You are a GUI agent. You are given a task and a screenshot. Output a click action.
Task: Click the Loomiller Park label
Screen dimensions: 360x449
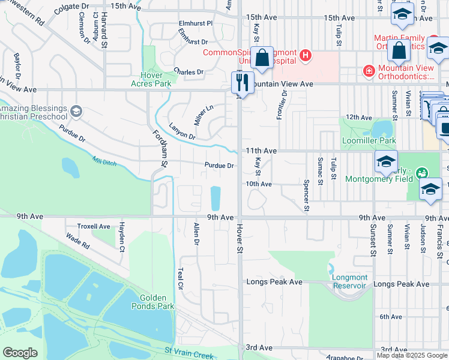[x=369, y=140]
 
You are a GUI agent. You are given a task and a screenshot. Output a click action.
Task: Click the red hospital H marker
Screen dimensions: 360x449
[x=306, y=56]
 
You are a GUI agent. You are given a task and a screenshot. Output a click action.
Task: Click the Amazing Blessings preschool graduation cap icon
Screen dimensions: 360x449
[x=76, y=111]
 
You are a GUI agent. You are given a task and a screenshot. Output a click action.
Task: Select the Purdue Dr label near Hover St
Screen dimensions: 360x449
[x=218, y=166]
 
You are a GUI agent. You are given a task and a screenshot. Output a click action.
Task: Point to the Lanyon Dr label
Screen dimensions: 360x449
[x=182, y=132]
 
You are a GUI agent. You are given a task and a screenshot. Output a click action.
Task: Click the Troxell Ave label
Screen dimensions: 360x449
[x=94, y=227]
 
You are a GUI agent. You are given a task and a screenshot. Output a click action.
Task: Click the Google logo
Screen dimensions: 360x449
[x=20, y=353]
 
